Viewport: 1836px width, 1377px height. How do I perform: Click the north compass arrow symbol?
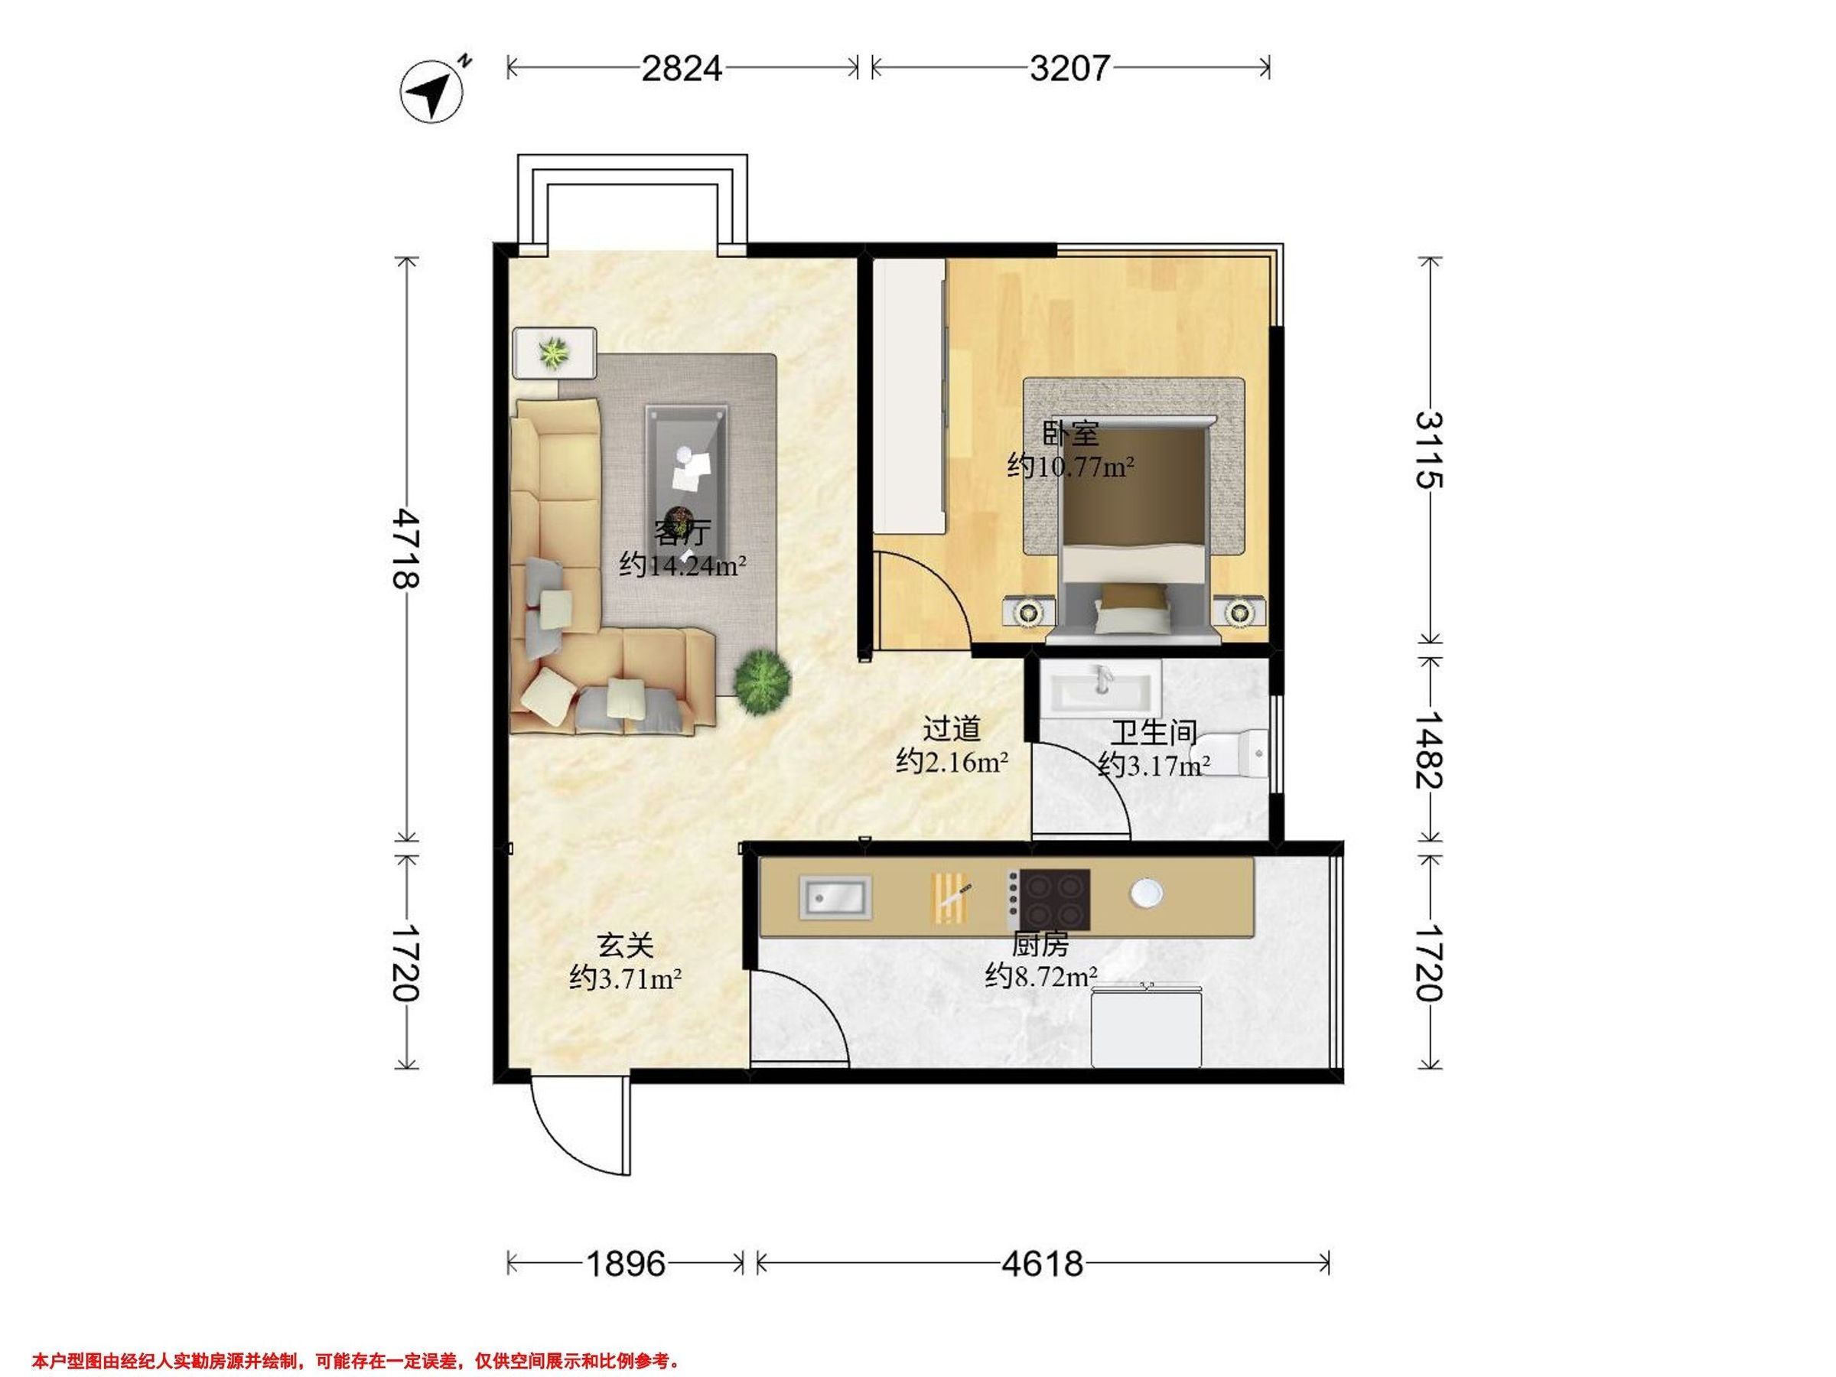432,90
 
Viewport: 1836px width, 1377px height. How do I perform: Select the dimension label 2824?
682,67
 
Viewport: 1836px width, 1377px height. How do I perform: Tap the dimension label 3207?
1070,67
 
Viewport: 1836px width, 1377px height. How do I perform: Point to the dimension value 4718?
406,549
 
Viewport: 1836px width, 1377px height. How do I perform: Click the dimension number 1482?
1429,750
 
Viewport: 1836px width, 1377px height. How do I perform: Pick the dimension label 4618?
1043,1264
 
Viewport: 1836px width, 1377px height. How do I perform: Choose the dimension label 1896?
626,1264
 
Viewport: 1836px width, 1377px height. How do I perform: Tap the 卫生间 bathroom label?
1154,733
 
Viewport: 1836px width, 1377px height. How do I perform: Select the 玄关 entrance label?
626,946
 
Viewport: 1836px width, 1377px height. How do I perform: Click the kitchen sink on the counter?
836,897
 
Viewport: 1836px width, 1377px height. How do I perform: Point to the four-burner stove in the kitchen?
1048,900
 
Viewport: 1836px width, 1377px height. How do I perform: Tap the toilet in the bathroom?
1233,754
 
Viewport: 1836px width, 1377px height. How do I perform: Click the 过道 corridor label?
952,730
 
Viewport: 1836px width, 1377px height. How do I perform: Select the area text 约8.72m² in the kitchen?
1042,976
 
